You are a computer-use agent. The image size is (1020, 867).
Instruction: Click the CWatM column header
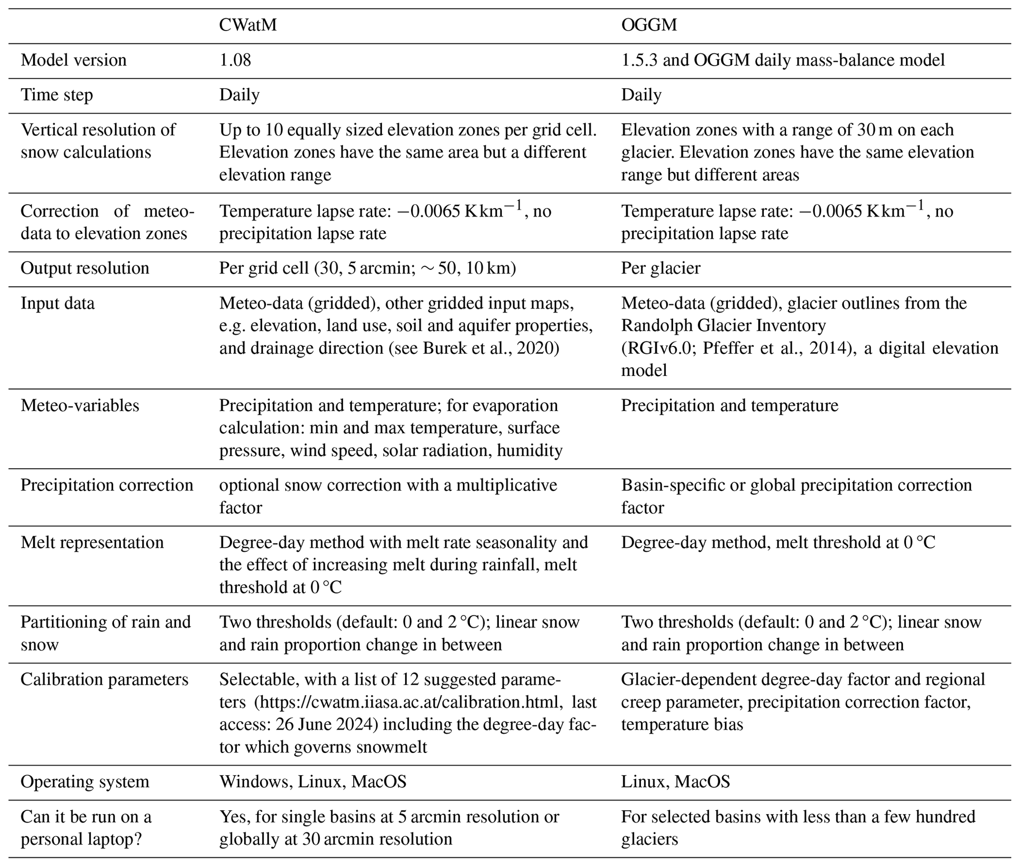tap(248, 25)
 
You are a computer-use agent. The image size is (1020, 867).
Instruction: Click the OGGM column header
tap(649, 25)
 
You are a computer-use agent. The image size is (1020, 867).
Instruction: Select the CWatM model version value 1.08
tap(235, 60)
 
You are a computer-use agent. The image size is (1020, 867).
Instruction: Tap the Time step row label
tap(57, 95)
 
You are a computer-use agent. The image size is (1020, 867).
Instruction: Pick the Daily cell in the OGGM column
tap(641, 95)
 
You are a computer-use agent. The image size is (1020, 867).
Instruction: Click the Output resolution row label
tap(85, 268)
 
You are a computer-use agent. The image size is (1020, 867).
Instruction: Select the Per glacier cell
tap(660, 268)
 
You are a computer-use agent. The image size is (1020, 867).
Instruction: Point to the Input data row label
tap(57, 303)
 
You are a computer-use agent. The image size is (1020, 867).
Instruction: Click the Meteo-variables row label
tap(80, 406)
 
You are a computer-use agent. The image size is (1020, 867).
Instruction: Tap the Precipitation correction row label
tap(107, 485)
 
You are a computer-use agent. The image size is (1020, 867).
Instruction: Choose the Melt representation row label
tap(92, 543)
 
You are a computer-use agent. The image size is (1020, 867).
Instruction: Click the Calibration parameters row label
tap(104, 680)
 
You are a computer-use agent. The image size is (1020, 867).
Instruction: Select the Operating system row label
tap(85, 782)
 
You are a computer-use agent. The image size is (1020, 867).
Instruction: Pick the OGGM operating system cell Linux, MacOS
tap(675, 782)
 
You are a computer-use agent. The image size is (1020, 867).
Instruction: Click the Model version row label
tap(74, 60)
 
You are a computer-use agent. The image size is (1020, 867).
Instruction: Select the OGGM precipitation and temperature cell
tap(729, 406)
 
